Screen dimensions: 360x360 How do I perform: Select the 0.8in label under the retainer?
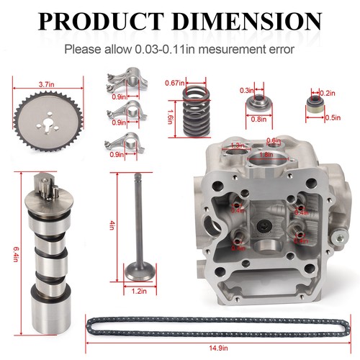click(x=257, y=119)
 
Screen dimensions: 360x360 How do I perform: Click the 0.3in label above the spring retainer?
click(x=247, y=90)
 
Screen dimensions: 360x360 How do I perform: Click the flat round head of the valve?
click(x=138, y=271)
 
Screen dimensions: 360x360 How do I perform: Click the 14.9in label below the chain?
click(x=216, y=348)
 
